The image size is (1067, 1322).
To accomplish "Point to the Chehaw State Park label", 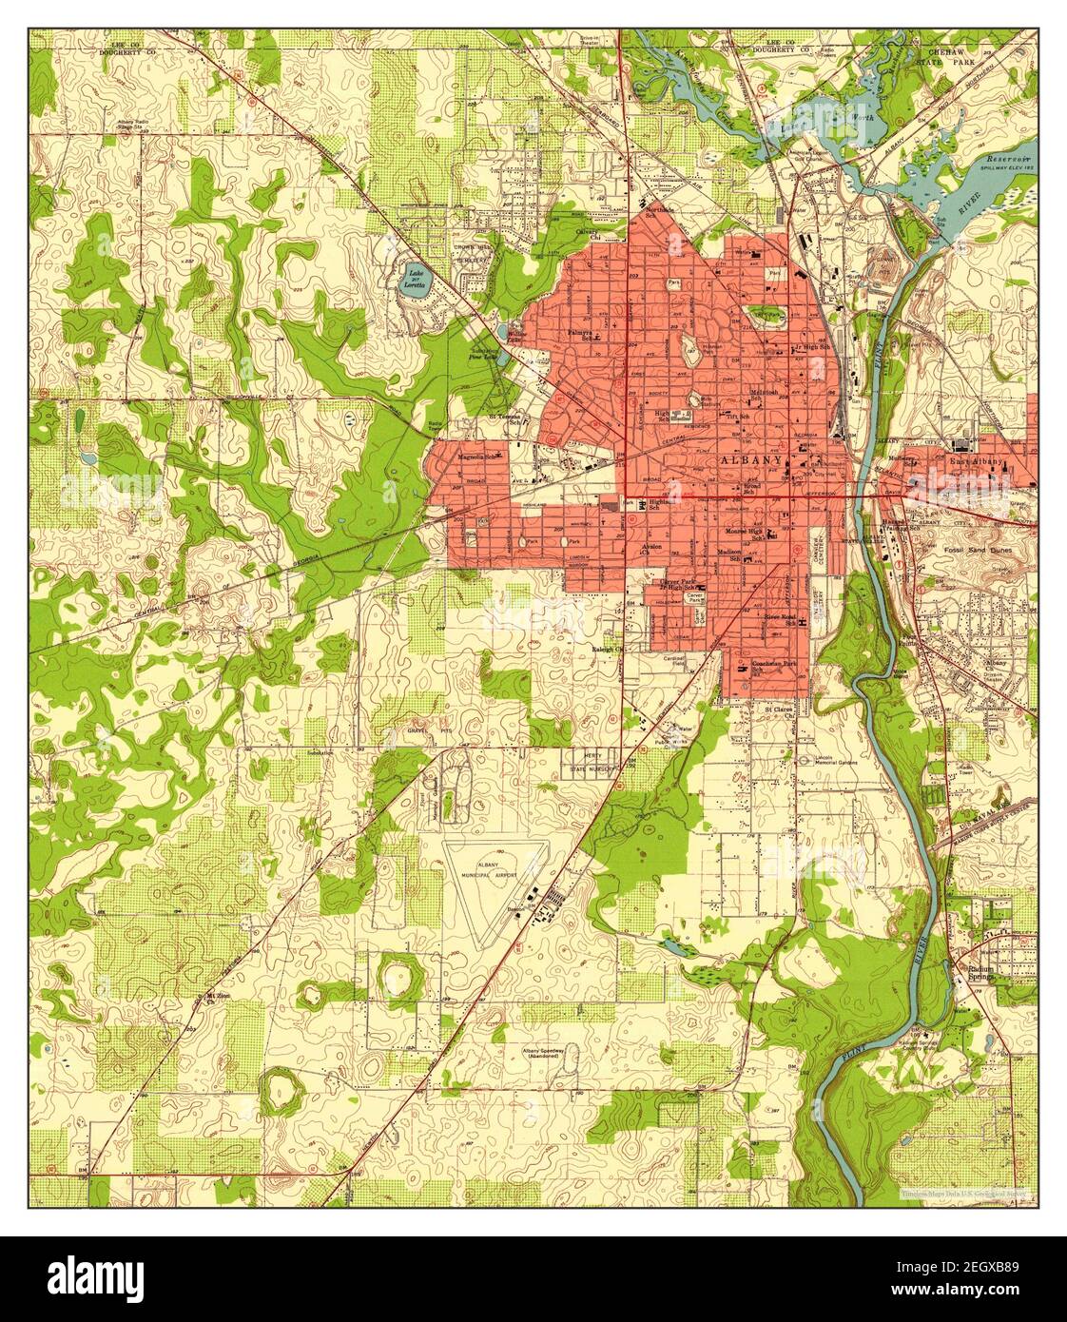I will (x=955, y=54).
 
